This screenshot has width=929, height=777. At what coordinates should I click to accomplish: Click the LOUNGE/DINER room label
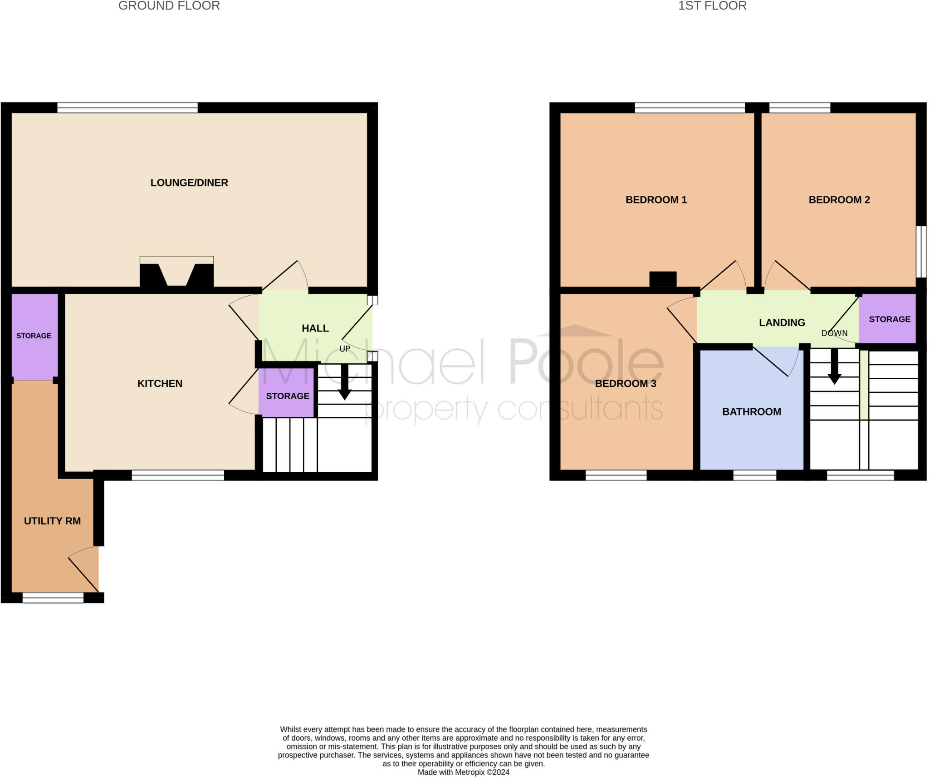coord(189,183)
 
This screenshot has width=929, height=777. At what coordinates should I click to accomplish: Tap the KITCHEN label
coord(160,384)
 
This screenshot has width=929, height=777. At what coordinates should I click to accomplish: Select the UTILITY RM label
coord(52,521)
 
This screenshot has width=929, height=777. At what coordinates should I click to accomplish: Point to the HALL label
coord(315,328)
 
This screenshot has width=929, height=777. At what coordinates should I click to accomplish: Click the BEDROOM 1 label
coord(656,200)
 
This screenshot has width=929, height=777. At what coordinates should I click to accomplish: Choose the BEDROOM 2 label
coord(839,200)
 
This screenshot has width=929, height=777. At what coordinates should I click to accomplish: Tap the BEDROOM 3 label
coord(626,384)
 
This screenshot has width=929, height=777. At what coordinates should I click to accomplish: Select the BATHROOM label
coord(752,412)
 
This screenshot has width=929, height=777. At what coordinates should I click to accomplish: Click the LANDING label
coord(782,323)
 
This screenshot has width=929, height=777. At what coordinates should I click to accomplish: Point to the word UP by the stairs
coord(345,349)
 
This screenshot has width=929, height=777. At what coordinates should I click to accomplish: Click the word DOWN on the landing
coord(834,333)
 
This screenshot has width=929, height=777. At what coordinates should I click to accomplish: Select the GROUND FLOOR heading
coord(169,6)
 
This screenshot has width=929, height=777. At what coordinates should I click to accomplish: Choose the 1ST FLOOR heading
coord(712,6)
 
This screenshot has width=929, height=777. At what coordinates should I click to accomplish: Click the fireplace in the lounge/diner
coord(176,272)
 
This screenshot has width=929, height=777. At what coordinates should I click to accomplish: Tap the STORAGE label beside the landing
coord(890,319)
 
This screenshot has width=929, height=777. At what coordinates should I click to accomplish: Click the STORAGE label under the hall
coord(288,396)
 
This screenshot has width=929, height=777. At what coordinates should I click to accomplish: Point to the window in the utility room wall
coord(53,598)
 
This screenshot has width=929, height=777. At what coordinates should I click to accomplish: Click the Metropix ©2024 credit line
coord(464,772)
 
